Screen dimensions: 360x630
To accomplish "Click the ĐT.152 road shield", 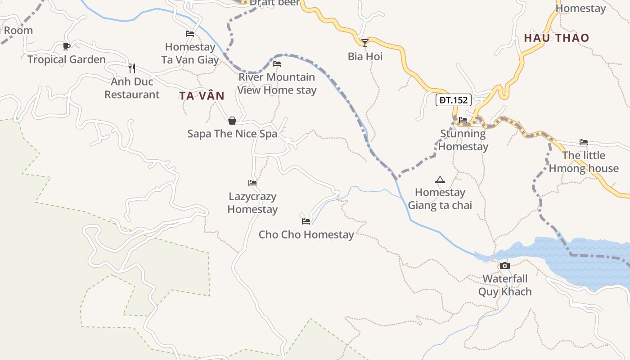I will pos(453,100).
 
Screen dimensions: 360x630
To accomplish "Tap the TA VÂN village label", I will pos(202,96).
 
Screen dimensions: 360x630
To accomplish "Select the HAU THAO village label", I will pos(556,38).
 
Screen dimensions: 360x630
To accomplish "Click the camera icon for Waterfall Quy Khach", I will pos(505,265).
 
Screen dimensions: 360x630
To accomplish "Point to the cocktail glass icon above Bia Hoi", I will pos(365,43).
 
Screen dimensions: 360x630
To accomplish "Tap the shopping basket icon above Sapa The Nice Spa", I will pos(232,121).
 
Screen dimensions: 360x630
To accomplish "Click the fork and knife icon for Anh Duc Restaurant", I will pos(132,68).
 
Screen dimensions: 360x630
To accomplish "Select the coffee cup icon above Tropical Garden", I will pos(67,46).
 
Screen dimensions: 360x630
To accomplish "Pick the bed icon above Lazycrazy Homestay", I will pos(252,183).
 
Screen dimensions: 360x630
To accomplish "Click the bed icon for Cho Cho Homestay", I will pos(306,221).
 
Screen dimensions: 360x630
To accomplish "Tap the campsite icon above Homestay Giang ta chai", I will pos(440,180).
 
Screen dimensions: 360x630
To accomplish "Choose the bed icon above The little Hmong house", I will pos(584,142).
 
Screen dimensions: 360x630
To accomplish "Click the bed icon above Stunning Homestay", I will pos(463,120).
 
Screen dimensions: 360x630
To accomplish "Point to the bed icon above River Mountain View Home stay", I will pos(277,64).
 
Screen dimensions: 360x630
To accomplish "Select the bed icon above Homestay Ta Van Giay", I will pos(190,34).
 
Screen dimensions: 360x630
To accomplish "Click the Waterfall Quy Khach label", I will pos(505,285).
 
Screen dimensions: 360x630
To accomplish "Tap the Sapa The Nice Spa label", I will pos(232,134).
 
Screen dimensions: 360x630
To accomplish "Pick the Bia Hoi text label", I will pos(365,56).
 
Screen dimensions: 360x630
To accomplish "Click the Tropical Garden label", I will pos(67,59).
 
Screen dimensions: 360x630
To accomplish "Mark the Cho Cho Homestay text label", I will pos(306,234).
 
